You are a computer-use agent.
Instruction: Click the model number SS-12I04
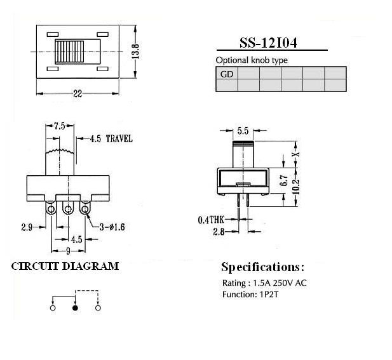(x=268, y=43)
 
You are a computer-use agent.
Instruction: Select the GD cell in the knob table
(x=227, y=74)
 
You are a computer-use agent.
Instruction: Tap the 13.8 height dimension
(x=135, y=51)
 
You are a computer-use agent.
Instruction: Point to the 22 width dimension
(x=78, y=94)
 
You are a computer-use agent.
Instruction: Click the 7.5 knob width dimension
(x=60, y=126)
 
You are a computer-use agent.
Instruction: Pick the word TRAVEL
(x=119, y=139)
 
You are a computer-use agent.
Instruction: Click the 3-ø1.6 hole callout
(x=112, y=227)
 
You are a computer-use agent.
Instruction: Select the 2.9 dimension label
(x=27, y=227)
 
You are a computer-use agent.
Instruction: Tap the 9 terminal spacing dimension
(x=68, y=251)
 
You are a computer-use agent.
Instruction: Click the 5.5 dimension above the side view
(x=243, y=131)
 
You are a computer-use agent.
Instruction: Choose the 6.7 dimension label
(x=284, y=180)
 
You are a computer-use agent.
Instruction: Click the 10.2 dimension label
(x=296, y=187)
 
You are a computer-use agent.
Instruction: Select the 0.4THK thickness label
(x=211, y=220)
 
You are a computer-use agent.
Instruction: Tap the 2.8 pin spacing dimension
(x=219, y=232)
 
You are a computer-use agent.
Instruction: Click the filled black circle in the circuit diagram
(x=75, y=308)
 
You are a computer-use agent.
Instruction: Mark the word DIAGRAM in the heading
(x=90, y=266)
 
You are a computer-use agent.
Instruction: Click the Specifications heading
(x=263, y=267)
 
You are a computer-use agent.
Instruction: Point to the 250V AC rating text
(x=290, y=283)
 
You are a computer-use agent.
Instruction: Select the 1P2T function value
(x=269, y=295)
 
